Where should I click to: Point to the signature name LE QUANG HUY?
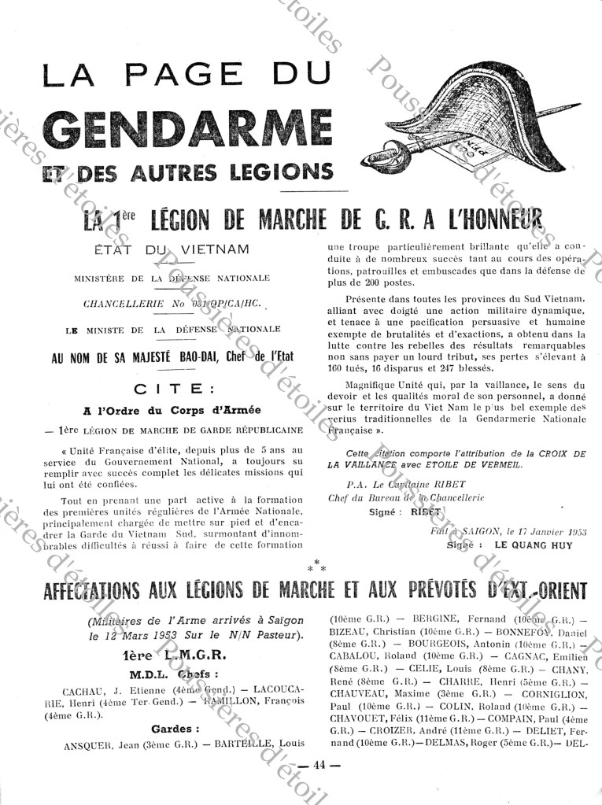click(x=534, y=545)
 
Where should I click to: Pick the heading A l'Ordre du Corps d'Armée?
click(x=172, y=410)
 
